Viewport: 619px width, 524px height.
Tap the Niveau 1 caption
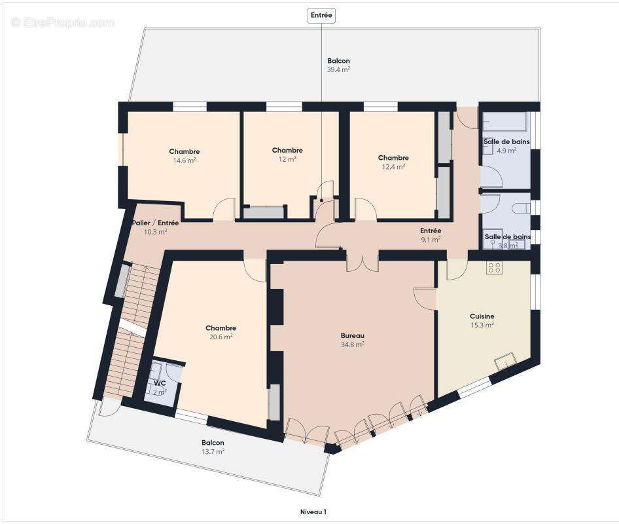pos(312,512)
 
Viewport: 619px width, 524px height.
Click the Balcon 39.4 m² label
pos(338,65)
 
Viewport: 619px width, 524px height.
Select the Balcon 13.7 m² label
pos(213,447)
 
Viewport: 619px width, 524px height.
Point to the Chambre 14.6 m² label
pos(184,155)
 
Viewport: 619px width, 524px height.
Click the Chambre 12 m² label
pos(287,154)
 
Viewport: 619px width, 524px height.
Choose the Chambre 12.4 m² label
pos(393,161)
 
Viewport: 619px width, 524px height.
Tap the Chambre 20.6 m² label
pos(221,332)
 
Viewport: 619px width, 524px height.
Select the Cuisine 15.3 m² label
pos(482,320)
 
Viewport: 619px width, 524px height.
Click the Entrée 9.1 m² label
pos(431,234)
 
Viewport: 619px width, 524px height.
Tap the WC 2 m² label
pos(160,387)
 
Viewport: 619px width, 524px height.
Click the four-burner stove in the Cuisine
pos(494,267)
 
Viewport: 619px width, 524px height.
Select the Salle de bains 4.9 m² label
pos(506,145)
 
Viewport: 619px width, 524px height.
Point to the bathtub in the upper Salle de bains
pos(504,122)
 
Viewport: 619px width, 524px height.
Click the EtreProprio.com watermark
pos(62,23)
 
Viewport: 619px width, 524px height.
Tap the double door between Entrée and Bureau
pos(362,261)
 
